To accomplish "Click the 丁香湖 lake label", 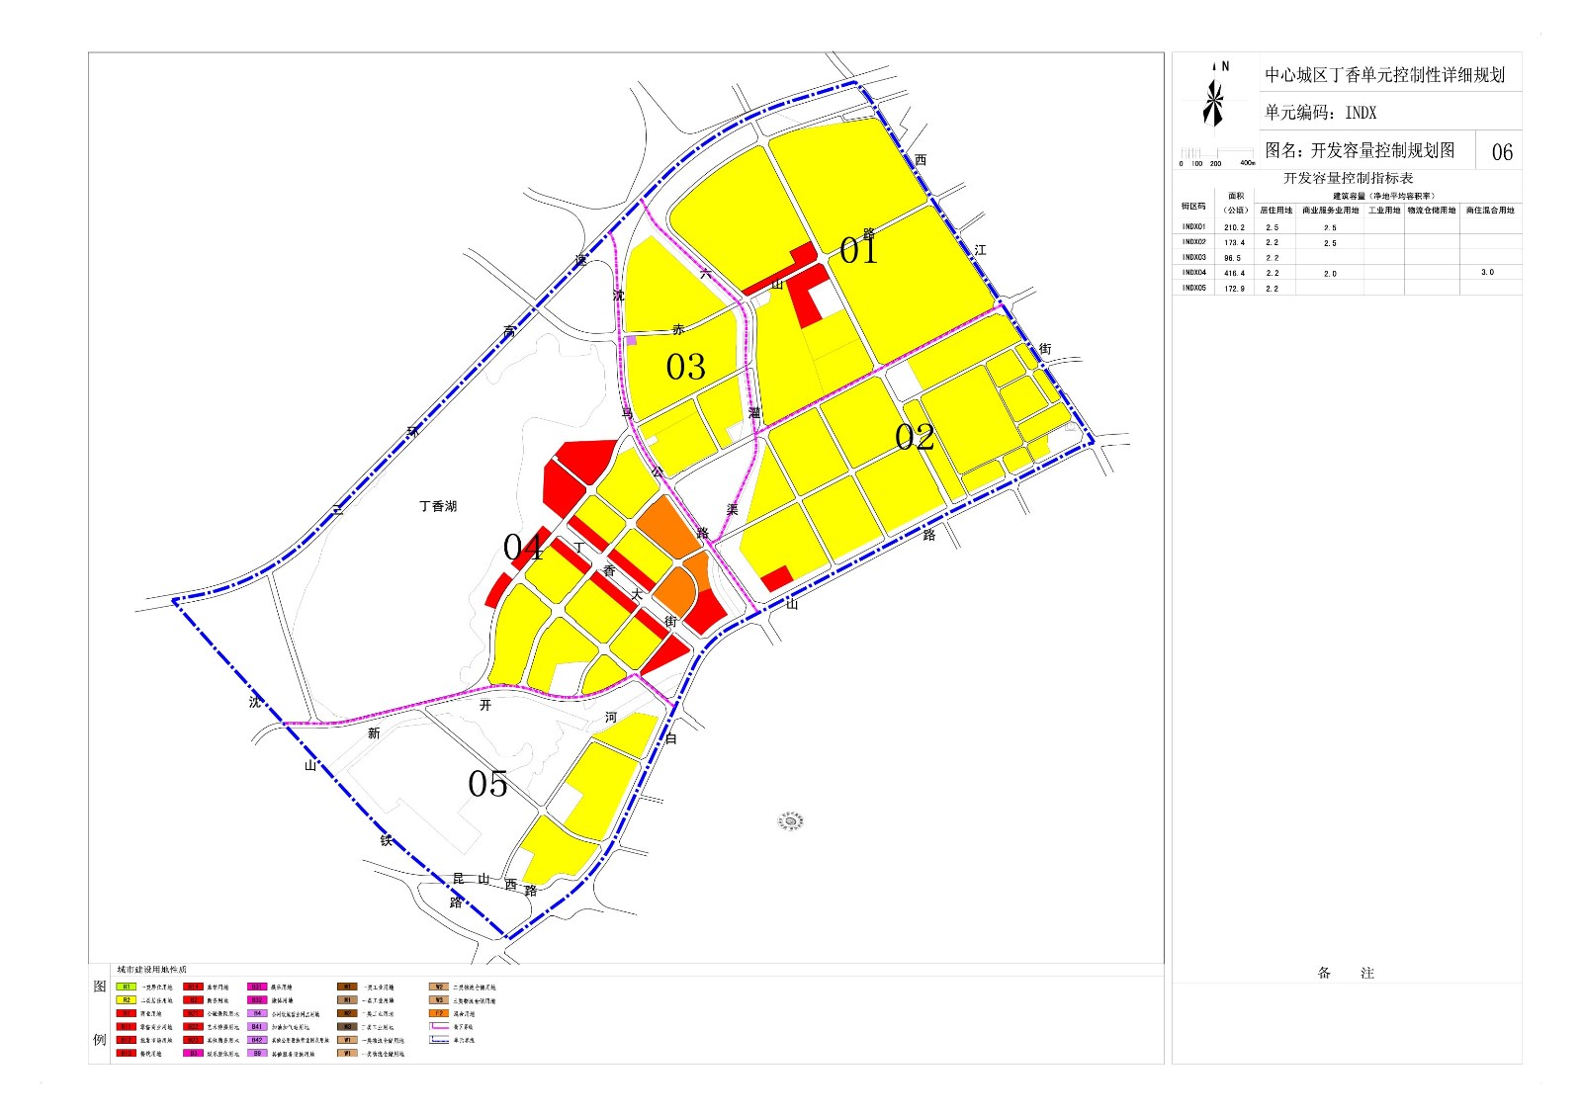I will click(x=438, y=506).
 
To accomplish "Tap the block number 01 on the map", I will click(x=858, y=250).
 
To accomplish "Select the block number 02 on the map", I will click(x=915, y=437).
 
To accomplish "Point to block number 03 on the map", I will click(x=685, y=368).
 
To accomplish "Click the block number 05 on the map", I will click(x=487, y=784).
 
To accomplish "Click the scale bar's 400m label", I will click(x=1246, y=163).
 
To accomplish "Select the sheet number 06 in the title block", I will click(x=1501, y=152).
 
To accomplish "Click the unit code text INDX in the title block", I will click(x=1361, y=113).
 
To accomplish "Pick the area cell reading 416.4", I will click(x=1235, y=273).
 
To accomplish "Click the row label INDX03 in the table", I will click(x=1193, y=258).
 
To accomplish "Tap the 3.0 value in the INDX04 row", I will click(x=1487, y=272).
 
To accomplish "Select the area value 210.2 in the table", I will click(x=1235, y=227).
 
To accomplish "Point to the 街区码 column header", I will click(x=1193, y=207).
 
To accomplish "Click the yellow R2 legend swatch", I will click(x=127, y=1000).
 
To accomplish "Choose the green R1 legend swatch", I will click(x=127, y=987).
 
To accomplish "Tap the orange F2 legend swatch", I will click(x=439, y=1013).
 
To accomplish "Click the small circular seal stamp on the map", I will click(x=790, y=820).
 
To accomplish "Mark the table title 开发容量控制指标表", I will click(x=1348, y=179).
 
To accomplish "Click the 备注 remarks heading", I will click(x=1346, y=974).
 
